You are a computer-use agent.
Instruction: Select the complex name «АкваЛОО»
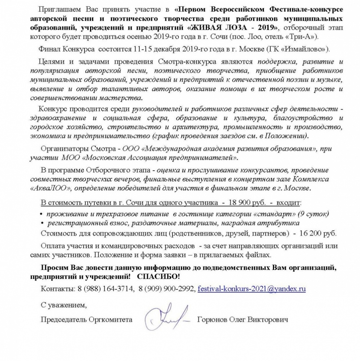click(x=49, y=189)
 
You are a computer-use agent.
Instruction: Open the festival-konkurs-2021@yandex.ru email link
click(x=252, y=289)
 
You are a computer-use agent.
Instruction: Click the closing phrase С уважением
click(x=64, y=305)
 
